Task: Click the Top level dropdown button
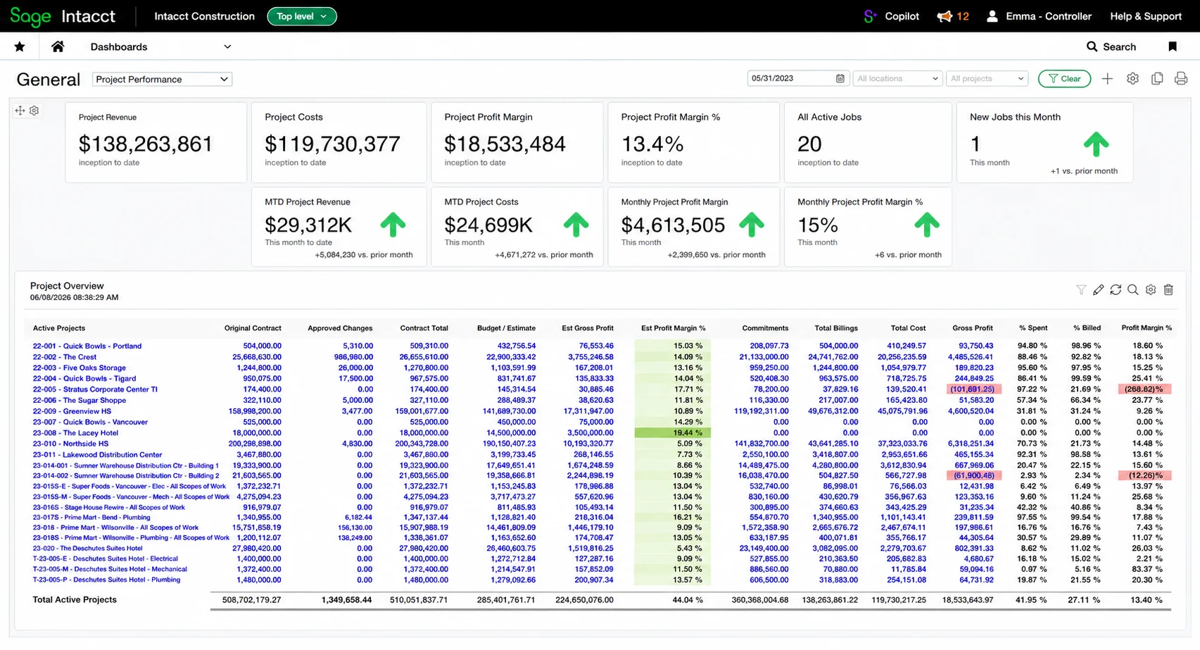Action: pyautogui.click(x=302, y=16)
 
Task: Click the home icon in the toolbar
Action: pyautogui.click(x=58, y=46)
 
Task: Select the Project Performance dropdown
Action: pyautogui.click(x=162, y=80)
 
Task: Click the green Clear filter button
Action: pyautogui.click(x=1064, y=79)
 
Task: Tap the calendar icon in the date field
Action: pyautogui.click(x=840, y=78)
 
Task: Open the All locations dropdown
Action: pyautogui.click(x=897, y=78)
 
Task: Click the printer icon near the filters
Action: pyautogui.click(x=1181, y=79)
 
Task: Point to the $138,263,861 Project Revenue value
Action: pyautogui.click(x=145, y=144)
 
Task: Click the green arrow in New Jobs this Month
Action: pyautogui.click(x=1096, y=144)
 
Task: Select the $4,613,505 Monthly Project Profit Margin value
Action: pyautogui.click(x=673, y=225)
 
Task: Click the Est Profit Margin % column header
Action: pyautogui.click(x=673, y=328)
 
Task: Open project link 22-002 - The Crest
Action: pyautogui.click(x=64, y=357)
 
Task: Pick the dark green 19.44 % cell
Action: pyautogui.click(x=672, y=432)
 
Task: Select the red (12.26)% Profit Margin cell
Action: pyautogui.click(x=1145, y=475)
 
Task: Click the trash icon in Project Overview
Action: pyautogui.click(x=1168, y=290)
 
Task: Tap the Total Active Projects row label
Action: pyautogui.click(x=75, y=599)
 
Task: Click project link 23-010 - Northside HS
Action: pyautogui.click(x=70, y=444)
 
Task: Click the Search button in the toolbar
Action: pyautogui.click(x=1111, y=46)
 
